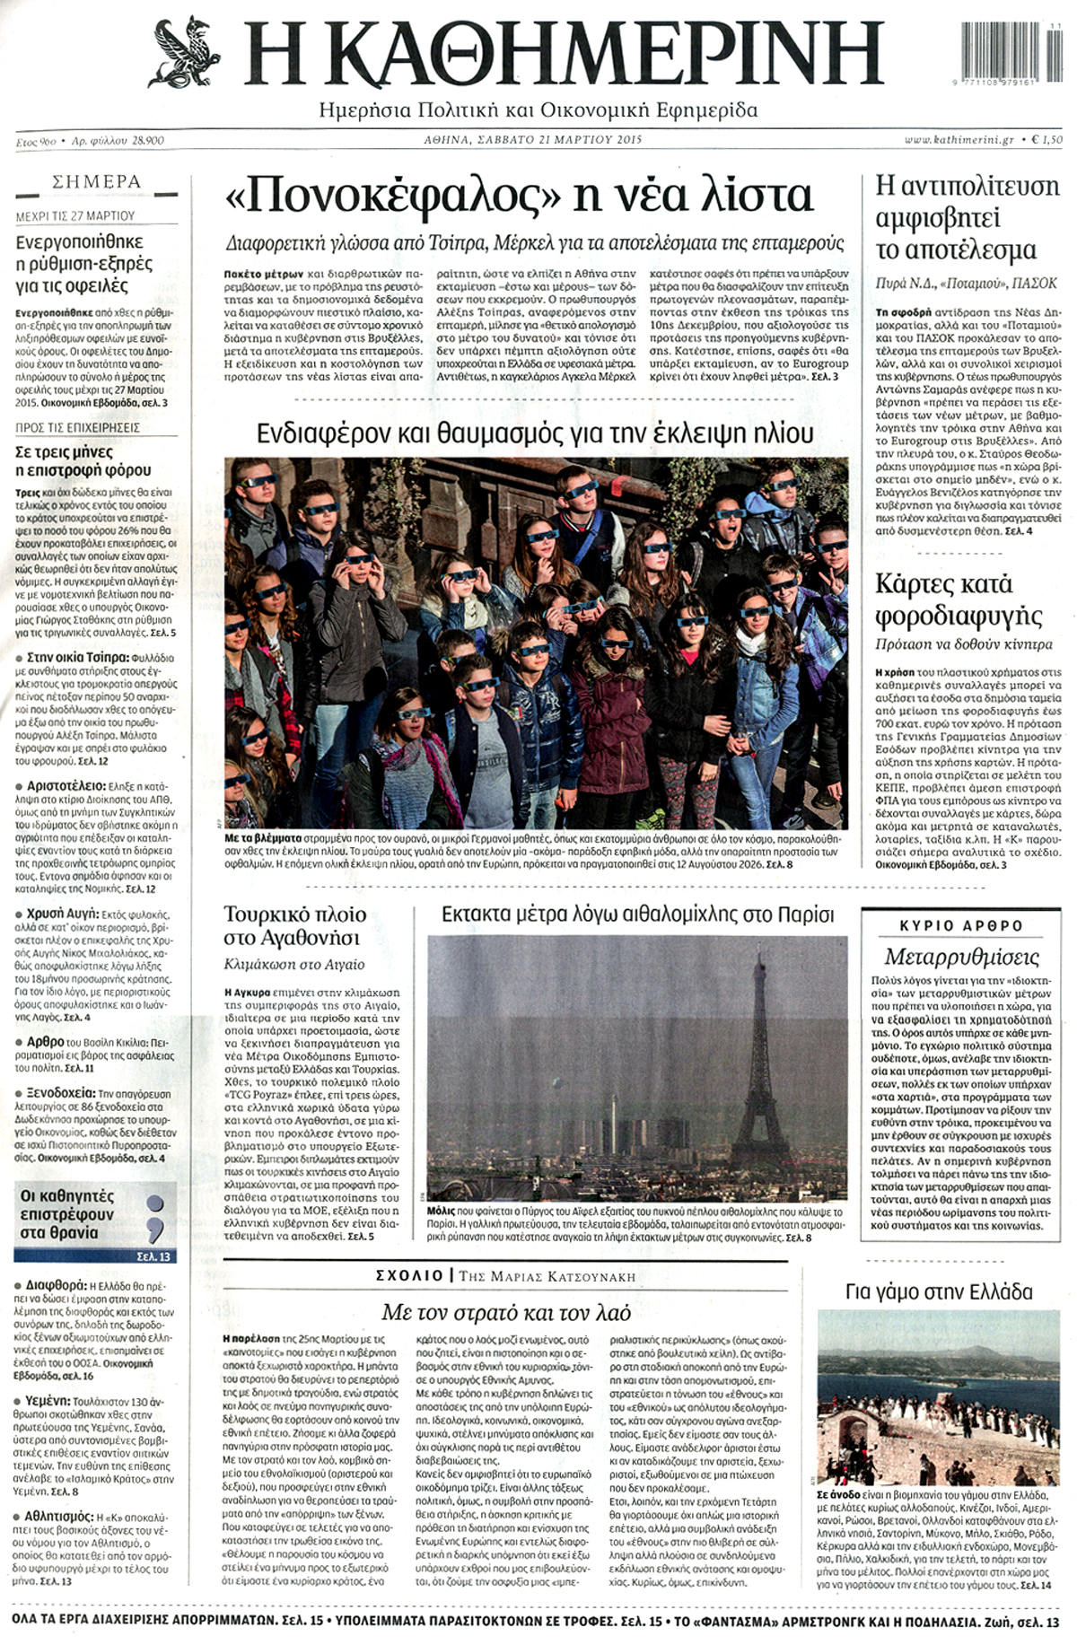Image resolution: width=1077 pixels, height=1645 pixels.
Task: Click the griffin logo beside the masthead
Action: [x=189, y=53]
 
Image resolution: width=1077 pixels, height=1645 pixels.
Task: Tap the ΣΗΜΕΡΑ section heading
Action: [x=97, y=182]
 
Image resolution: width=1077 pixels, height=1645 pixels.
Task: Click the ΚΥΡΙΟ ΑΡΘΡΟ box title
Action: [x=961, y=925]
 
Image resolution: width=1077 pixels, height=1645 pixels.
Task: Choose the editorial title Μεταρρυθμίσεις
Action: [x=961, y=956]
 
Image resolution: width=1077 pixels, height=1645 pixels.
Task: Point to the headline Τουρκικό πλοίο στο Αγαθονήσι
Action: [x=295, y=926]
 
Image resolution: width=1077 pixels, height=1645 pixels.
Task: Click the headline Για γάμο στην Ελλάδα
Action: [x=939, y=1292]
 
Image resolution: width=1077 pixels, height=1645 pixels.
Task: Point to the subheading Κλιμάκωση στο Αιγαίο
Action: [x=294, y=965]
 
